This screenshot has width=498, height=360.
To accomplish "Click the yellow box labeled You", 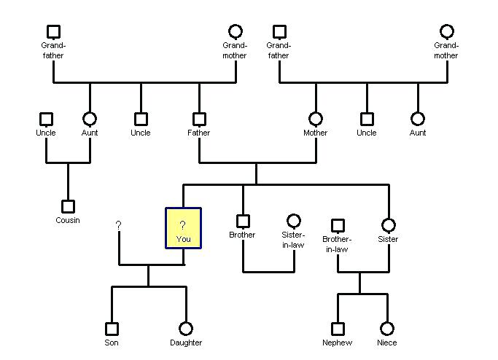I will (183, 228).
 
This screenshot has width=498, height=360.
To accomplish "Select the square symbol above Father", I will (199, 119).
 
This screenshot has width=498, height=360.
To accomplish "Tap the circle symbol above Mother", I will (316, 119).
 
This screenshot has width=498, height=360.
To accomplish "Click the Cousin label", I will (68, 220).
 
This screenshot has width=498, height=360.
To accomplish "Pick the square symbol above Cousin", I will (68, 206).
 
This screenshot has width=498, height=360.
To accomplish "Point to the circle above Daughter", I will (186, 329).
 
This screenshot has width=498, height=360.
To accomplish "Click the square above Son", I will (112, 329).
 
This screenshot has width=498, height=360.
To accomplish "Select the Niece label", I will (387, 343).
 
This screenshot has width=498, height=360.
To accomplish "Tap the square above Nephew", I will (338, 329).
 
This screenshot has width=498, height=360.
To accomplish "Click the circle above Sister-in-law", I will (293, 221).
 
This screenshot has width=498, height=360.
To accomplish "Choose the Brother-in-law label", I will (337, 244).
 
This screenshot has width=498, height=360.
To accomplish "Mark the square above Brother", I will (243, 221).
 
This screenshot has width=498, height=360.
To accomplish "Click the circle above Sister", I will (389, 225).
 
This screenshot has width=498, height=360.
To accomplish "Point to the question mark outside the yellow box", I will (118, 226).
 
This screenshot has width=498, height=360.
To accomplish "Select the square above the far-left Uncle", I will (46, 119).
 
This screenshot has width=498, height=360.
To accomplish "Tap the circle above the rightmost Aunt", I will (418, 119).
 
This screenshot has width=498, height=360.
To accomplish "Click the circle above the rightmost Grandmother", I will (447, 31).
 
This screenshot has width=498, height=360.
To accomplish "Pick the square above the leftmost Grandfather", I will (53, 31).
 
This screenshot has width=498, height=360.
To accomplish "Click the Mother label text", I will (316, 133).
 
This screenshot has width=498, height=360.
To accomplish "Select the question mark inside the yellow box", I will (183, 224).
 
